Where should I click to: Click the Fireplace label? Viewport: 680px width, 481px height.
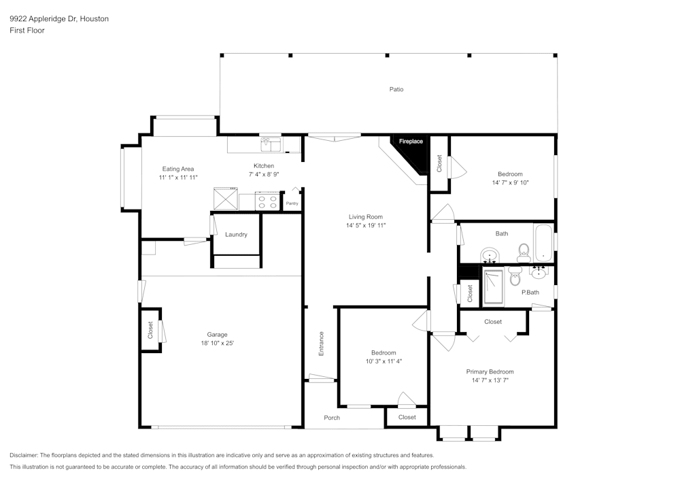click(x=411, y=142)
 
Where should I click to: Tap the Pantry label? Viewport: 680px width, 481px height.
click(x=292, y=203)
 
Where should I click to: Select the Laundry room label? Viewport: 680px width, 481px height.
click(x=236, y=235)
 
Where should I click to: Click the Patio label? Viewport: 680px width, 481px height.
click(x=396, y=89)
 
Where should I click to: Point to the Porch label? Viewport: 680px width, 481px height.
click(x=332, y=418)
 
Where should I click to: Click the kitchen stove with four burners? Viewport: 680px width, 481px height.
click(x=267, y=201)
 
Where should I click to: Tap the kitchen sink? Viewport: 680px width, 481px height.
click(x=271, y=144)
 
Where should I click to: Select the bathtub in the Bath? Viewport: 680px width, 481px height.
click(x=543, y=243)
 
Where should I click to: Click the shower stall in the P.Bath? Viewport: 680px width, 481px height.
click(x=494, y=286)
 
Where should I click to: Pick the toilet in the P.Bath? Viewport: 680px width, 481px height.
click(x=515, y=276)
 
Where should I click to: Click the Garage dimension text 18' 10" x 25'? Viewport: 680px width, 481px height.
click(x=218, y=343)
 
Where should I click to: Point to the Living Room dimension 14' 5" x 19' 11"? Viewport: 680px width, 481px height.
click(x=366, y=226)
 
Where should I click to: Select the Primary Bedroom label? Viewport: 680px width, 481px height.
click(x=490, y=371)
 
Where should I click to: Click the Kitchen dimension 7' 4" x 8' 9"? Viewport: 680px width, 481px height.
click(x=264, y=174)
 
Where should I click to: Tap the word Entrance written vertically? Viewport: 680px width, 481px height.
click(x=322, y=344)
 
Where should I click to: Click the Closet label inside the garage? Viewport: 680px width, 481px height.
click(x=150, y=330)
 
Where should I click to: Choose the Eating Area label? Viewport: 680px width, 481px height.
click(x=178, y=169)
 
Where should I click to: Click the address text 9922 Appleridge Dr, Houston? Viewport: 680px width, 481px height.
click(x=59, y=18)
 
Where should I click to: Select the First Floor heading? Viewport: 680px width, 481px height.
click(x=27, y=31)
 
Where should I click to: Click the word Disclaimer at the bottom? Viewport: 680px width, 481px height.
click(x=24, y=455)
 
